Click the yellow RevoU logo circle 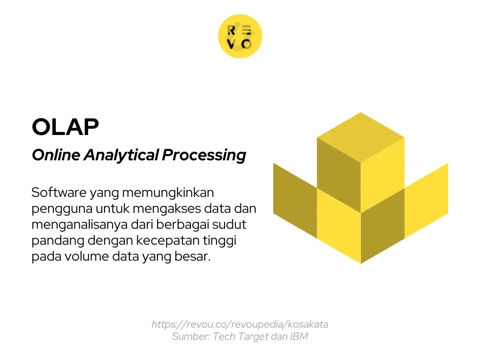[x=240, y=37]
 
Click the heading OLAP [x=65, y=127]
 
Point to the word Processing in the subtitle [x=204, y=155]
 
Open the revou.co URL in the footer [x=240, y=324]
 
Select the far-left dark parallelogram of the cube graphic [x=295, y=199]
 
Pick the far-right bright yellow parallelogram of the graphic [x=426, y=199]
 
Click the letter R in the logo [x=231, y=30]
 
